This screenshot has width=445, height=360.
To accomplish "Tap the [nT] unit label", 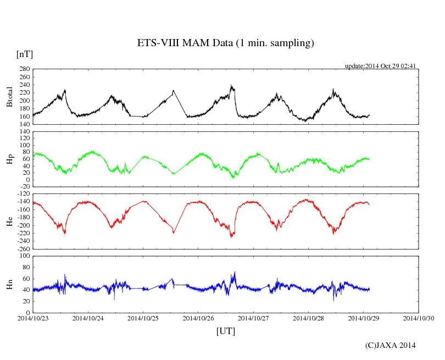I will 24,54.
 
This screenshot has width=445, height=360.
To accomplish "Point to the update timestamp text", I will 380,66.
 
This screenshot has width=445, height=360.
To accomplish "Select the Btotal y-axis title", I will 9,96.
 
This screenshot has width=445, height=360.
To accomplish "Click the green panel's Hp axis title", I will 9,159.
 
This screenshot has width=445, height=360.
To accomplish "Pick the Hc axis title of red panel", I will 9,221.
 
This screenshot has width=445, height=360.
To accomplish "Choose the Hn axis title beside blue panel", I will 9,284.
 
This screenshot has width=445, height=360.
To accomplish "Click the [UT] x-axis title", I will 225,331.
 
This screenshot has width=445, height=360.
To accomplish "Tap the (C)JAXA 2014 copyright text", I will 391,345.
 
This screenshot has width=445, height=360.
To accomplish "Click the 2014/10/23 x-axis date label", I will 33,318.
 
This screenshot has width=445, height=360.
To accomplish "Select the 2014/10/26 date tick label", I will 198,318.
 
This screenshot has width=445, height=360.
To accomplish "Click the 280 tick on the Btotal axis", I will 24,69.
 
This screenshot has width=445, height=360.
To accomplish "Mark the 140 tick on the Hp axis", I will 24,132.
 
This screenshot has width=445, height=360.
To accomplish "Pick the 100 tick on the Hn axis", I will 24,257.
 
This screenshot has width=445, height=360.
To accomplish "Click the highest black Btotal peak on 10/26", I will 231,85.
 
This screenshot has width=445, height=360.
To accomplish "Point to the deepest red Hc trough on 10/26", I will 232,237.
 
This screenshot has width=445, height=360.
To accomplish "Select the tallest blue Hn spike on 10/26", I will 235,272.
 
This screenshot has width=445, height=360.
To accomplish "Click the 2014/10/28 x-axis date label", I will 308,318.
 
